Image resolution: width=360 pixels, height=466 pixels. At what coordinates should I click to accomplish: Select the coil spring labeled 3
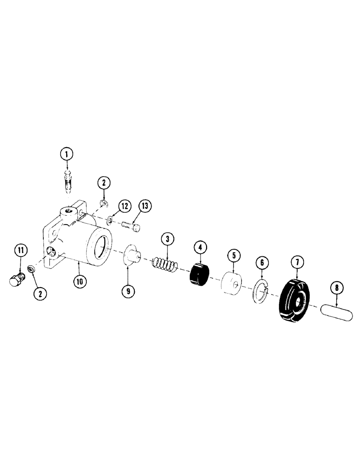(x=165, y=266)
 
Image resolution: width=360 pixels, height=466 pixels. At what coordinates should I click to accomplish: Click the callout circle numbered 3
(x=168, y=240)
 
